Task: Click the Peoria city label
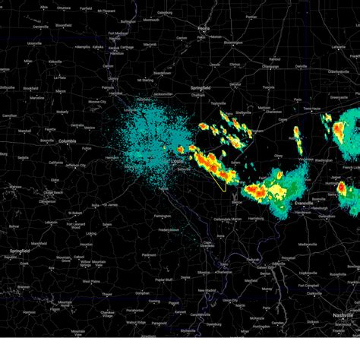click(203, 28)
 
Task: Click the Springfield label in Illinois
click(200, 88)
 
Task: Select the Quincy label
click(113, 77)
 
